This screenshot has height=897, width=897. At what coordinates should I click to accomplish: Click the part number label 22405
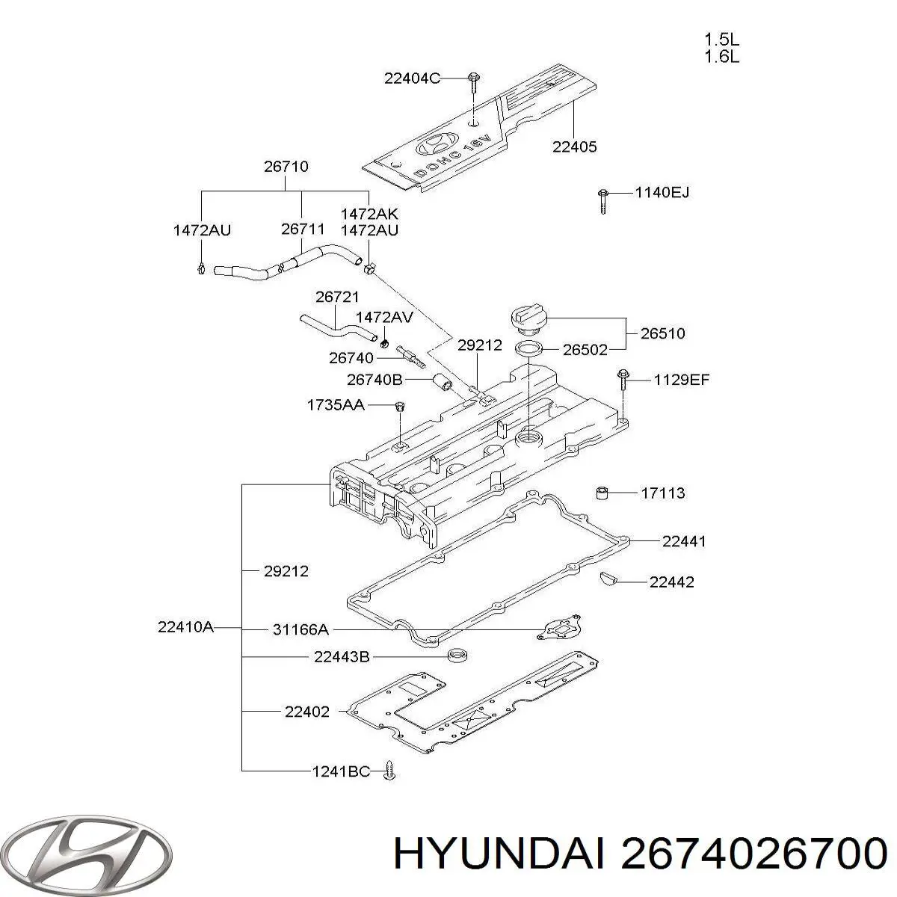[x=574, y=147]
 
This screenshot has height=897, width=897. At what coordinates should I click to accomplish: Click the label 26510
[x=662, y=333]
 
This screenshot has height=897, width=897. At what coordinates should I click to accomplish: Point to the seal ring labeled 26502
[x=529, y=348]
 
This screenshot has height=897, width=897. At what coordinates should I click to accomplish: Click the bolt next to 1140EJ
[x=602, y=200]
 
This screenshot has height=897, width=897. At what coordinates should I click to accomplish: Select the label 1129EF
[x=681, y=380]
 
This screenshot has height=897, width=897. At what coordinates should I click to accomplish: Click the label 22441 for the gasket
[x=683, y=541]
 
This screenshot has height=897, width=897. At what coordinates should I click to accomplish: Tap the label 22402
[x=306, y=712]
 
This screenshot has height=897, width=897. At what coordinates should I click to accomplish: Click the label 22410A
[x=185, y=628]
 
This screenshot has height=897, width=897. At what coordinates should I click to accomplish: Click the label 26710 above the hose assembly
[x=286, y=167]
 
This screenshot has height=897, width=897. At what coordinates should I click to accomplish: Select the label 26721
[x=337, y=297]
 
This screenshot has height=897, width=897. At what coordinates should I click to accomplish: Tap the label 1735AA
[x=335, y=404]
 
